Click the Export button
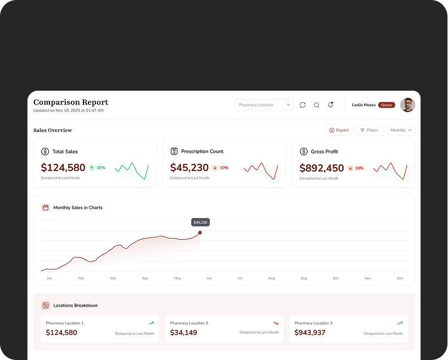(x=339, y=130)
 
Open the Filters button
(x=369, y=130)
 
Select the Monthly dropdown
(x=401, y=130)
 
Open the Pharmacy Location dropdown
(x=265, y=105)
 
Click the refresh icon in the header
(x=303, y=105)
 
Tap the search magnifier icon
(x=316, y=105)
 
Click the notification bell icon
(x=331, y=104)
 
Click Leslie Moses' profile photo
(x=407, y=105)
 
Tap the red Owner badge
(x=387, y=105)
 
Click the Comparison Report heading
(x=71, y=102)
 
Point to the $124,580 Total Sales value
(x=63, y=168)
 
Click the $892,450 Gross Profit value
(x=322, y=168)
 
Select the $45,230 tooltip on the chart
(x=200, y=223)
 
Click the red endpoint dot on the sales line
(x=200, y=232)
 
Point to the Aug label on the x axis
(x=271, y=279)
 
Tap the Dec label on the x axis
(x=400, y=279)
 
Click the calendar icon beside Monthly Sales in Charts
(x=46, y=208)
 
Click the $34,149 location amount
(x=183, y=333)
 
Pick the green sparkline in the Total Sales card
(x=132, y=170)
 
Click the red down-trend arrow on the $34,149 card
(x=276, y=323)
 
